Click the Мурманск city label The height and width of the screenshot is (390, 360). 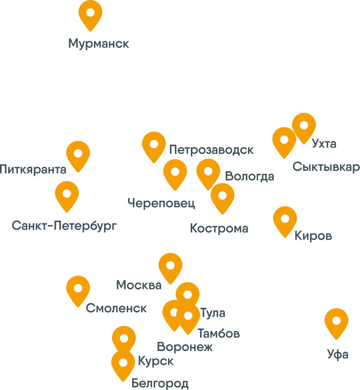[99, 44]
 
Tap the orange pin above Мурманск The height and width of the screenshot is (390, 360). [90, 13]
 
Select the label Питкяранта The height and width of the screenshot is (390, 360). [33, 169]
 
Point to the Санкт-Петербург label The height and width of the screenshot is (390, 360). [64, 226]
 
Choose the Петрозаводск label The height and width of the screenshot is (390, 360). [211, 150]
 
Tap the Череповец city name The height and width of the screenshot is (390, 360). [161, 203]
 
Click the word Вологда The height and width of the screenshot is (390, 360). [250, 176]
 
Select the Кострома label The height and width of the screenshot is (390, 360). [219, 228]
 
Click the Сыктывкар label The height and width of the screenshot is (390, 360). [326, 167]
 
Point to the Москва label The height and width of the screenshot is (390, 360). [139, 285]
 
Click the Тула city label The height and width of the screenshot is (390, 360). [212, 313]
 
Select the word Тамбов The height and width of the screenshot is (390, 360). [219, 334]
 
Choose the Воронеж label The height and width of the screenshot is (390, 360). [185, 347]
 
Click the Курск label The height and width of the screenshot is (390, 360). [156, 361]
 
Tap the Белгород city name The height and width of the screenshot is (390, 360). [160, 383]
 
